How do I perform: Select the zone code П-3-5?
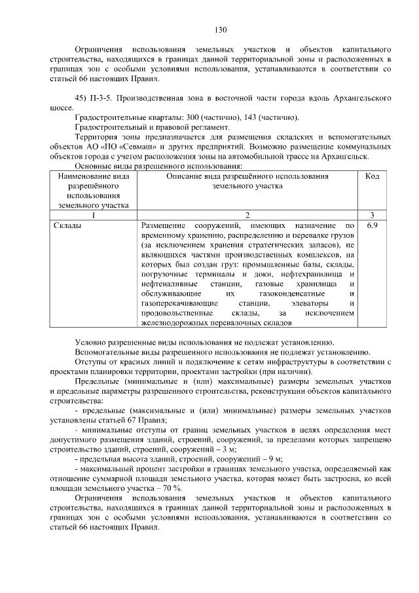[105, 98]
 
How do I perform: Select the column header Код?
[372, 176]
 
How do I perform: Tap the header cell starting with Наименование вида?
[94, 190]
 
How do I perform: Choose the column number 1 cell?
[94, 215]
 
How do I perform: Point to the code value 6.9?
[372, 225]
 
